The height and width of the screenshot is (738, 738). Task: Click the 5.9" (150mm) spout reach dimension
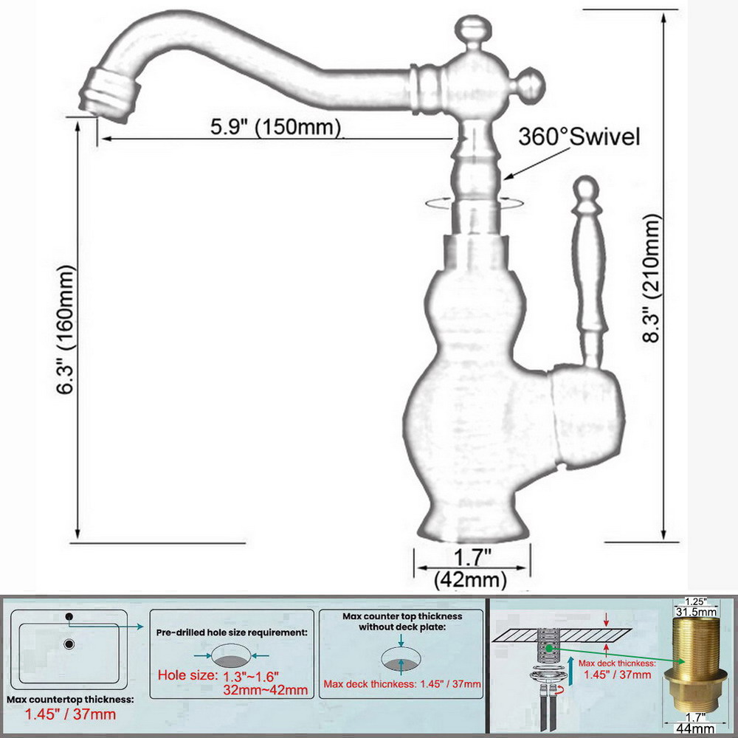(x=275, y=127)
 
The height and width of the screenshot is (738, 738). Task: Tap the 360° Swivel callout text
(x=579, y=137)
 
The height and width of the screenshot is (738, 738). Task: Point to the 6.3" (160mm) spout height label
(x=66, y=329)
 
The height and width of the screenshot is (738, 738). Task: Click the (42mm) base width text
(x=470, y=579)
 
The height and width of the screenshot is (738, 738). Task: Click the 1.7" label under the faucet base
(x=472, y=558)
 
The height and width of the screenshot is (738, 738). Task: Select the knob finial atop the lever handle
(x=587, y=190)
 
